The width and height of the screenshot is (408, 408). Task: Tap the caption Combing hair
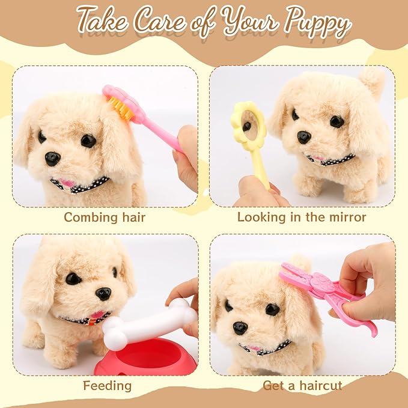click(x=105, y=218)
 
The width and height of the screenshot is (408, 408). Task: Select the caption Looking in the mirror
click(x=302, y=218)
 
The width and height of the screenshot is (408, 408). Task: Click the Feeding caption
click(x=107, y=386)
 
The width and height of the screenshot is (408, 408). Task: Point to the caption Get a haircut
click(x=302, y=386)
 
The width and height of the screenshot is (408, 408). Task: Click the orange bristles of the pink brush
click(x=120, y=108)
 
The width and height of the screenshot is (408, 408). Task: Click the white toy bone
click(x=149, y=324)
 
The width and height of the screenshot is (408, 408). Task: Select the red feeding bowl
click(x=145, y=356)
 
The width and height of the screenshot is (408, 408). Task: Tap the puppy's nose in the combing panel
click(x=52, y=159)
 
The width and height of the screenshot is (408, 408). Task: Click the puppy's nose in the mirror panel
click(x=304, y=137)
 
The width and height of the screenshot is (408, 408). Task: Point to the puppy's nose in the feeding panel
click(x=103, y=293)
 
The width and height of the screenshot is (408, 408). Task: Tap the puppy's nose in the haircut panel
click(x=240, y=328)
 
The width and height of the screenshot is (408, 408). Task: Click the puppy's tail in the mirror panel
click(x=372, y=81)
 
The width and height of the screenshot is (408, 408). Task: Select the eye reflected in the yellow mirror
click(x=247, y=126)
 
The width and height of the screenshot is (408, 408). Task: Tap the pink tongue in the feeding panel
click(x=97, y=315)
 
